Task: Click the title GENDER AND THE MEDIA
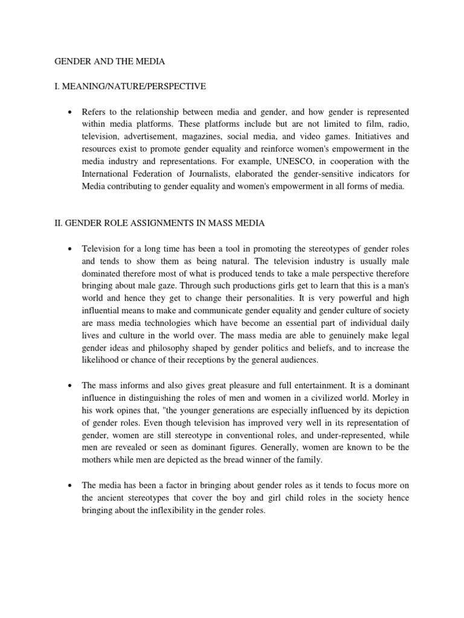(109, 61)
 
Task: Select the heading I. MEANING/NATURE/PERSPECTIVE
(130, 86)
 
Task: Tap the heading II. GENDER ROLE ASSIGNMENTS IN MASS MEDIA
(159, 224)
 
